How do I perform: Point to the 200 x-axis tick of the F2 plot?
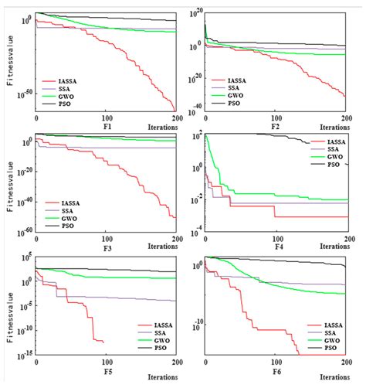point(345,117)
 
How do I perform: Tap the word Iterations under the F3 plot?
point(157,247)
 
